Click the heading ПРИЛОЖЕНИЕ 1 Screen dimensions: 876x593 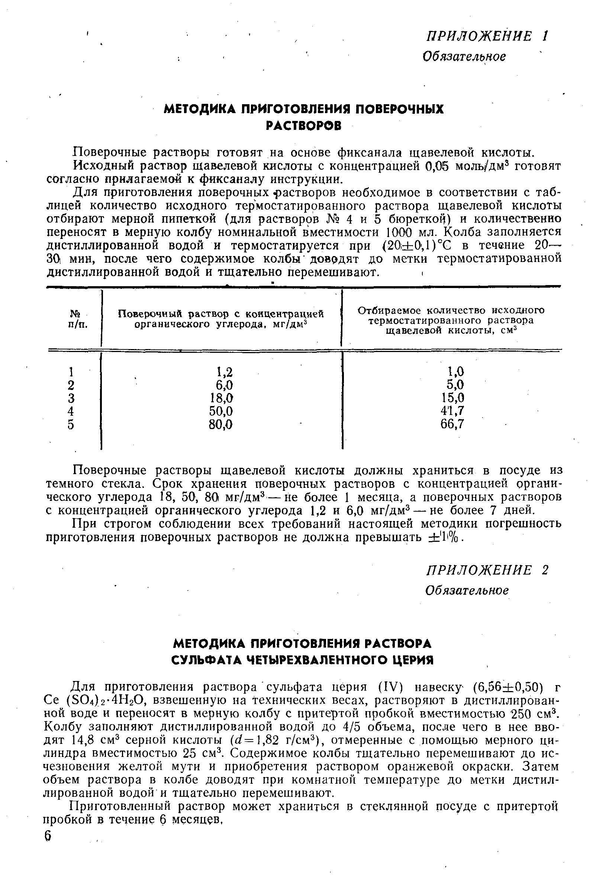[487, 36]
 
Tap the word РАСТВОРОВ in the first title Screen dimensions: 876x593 [303, 125]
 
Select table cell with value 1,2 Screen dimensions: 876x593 [225, 372]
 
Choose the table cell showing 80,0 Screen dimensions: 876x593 [221, 425]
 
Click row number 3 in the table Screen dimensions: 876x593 [71, 398]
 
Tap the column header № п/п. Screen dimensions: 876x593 [77, 319]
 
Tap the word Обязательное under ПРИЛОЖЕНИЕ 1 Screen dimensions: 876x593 [464, 57]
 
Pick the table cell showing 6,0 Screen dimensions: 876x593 [225, 385]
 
